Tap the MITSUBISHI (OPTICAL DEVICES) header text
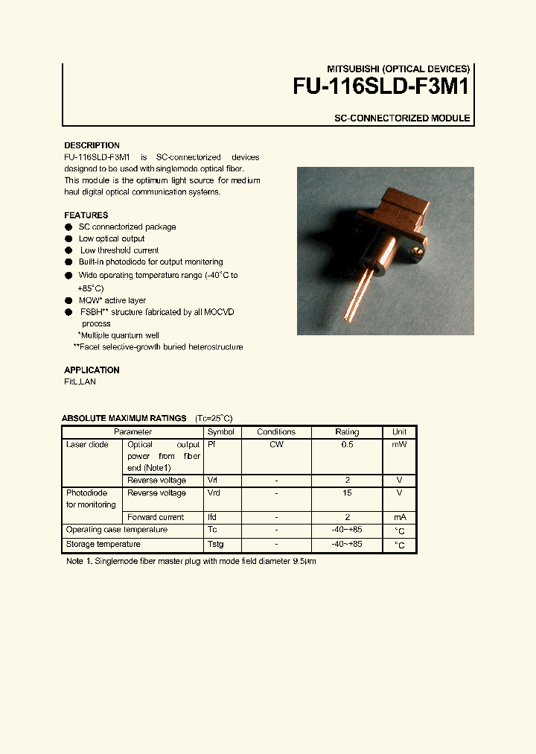[399, 69]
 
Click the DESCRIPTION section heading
[92, 145]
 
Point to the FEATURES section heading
[86, 215]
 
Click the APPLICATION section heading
[92, 370]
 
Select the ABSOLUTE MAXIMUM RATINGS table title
[124, 419]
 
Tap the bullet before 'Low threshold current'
[68, 251]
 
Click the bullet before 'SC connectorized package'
[68, 227]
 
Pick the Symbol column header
[220, 432]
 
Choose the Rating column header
[347, 432]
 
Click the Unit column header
[399, 432]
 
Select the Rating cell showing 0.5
[347, 445]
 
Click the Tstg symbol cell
[215, 545]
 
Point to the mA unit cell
[399, 517]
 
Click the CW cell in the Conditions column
[276, 445]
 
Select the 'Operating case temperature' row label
[117, 530]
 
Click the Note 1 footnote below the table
[191, 561]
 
